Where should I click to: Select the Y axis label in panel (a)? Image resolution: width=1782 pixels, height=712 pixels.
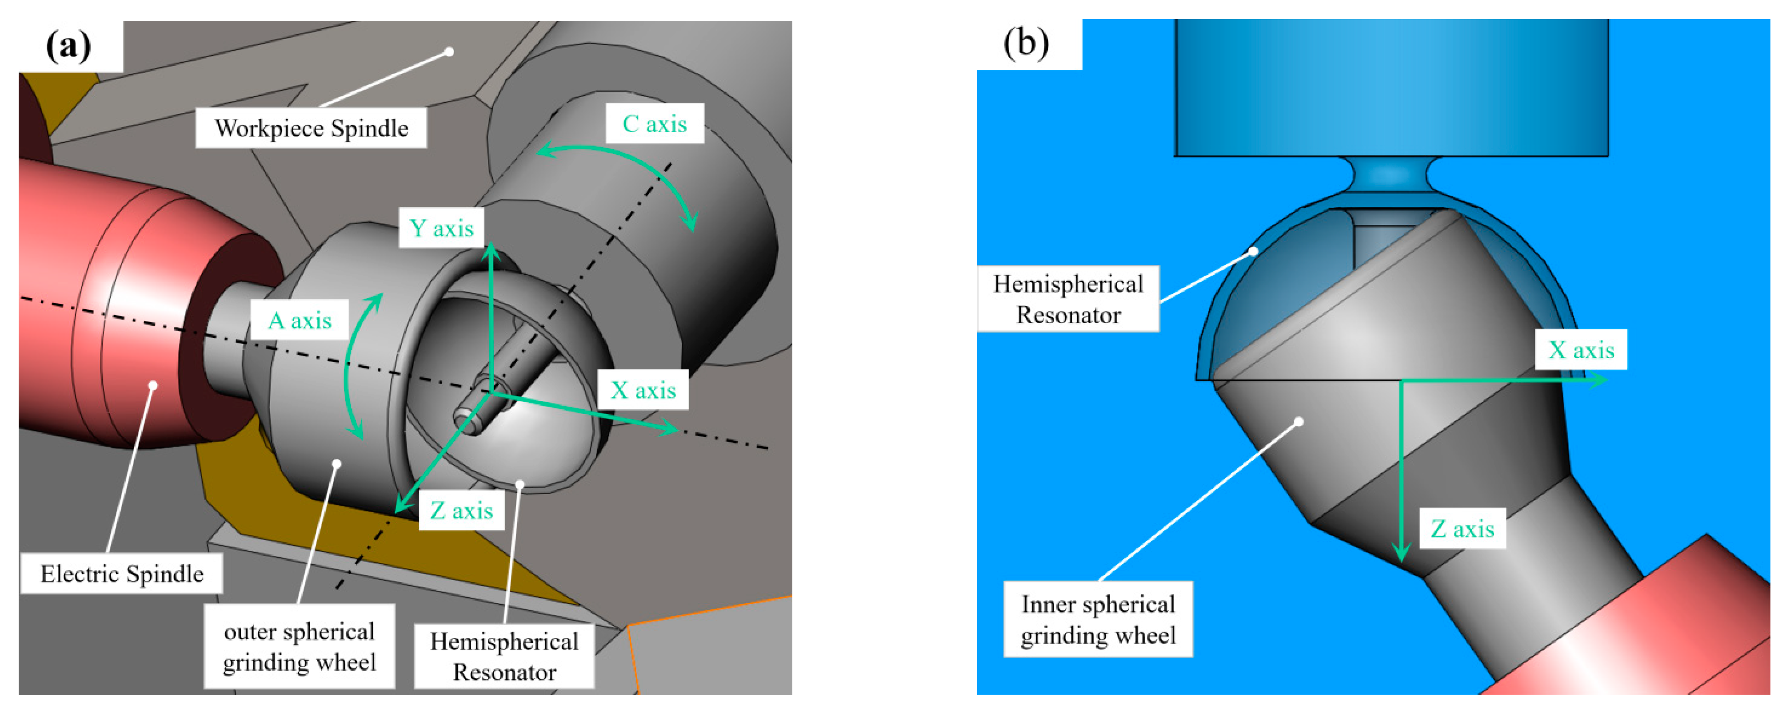(441, 228)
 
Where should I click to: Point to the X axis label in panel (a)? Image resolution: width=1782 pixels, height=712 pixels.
(642, 391)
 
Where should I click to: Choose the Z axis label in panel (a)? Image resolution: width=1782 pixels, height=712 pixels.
(461, 511)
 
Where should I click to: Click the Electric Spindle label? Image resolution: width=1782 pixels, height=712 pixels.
(122, 574)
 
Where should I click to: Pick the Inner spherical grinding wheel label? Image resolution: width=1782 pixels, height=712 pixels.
(1098, 619)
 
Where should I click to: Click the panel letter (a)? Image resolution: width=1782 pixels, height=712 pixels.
(68, 46)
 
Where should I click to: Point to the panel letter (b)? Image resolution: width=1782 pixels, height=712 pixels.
(1026, 43)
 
